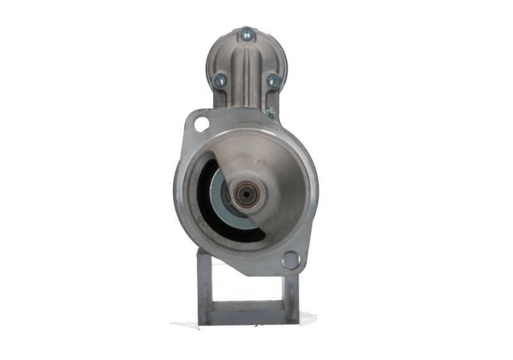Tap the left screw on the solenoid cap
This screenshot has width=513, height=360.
pos(220,80)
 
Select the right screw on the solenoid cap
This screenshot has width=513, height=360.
pos(273,81)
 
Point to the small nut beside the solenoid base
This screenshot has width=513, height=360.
pos(271,113)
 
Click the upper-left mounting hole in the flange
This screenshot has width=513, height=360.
pos(202,123)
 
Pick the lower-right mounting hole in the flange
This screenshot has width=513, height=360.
pos(290,260)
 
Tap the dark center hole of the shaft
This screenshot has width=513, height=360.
pos(246,195)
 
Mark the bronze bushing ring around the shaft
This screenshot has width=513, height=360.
pos(246,188)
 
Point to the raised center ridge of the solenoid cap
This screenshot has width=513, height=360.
pos(246,71)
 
